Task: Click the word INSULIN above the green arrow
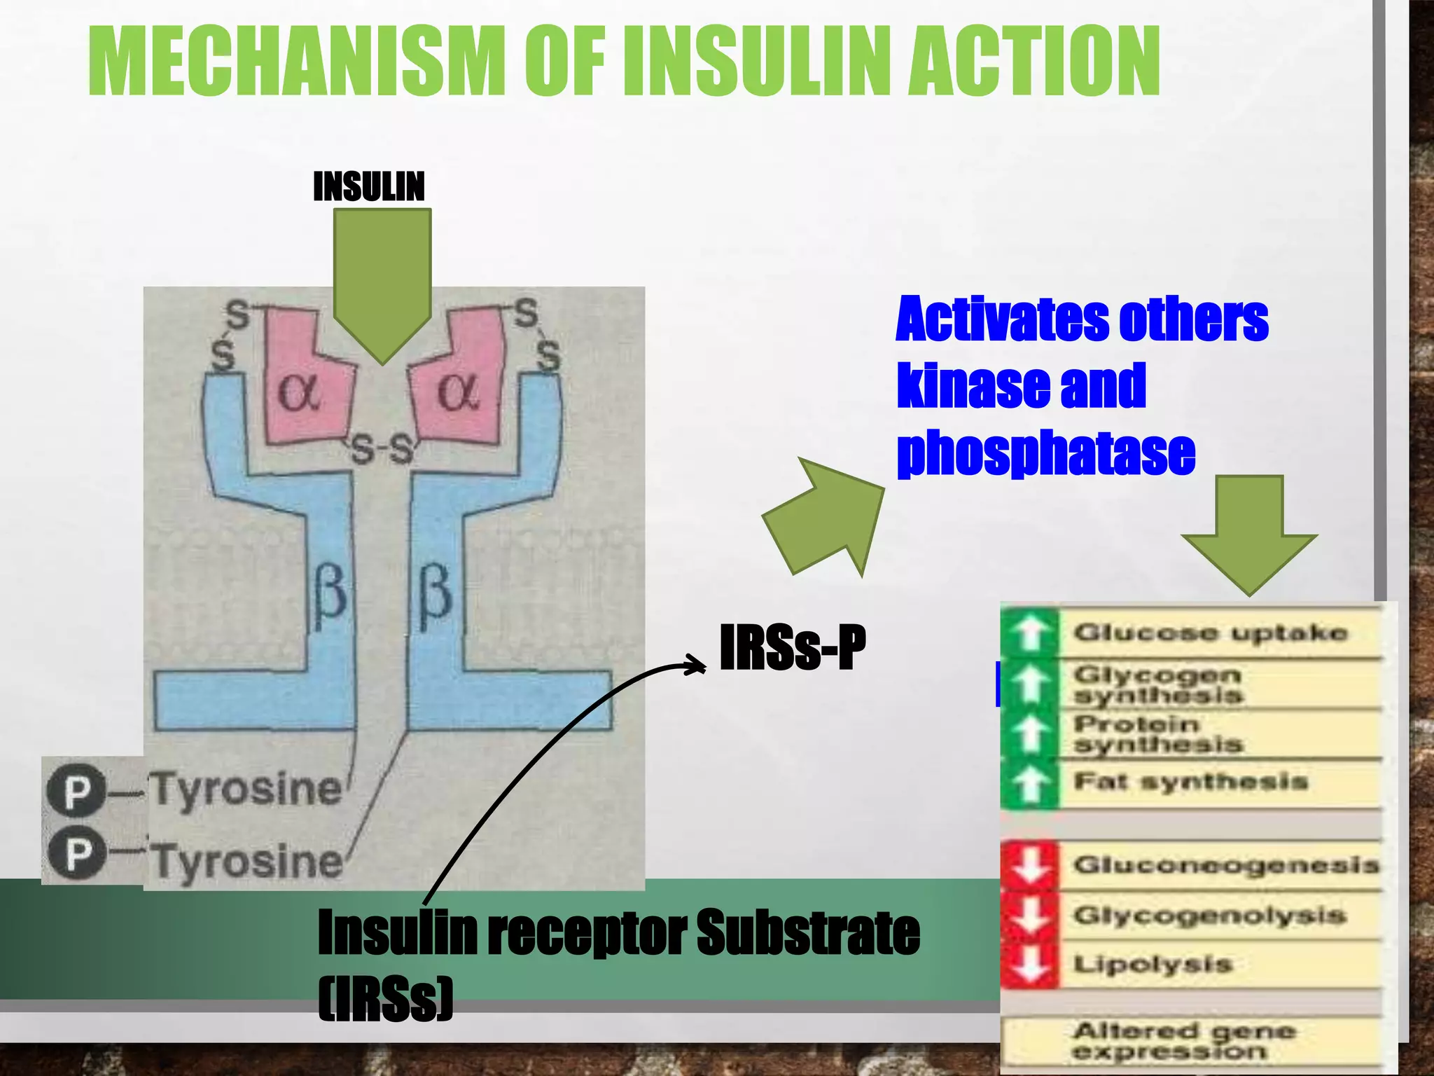[368, 187]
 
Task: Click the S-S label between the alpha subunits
[382, 450]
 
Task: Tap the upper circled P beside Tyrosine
[76, 792]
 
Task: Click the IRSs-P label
[792, 648]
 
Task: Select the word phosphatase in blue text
[1046, 453]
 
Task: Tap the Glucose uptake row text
[1210, 633]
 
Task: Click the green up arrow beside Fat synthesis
[1029, 784]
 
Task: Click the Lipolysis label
[1153, 964]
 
